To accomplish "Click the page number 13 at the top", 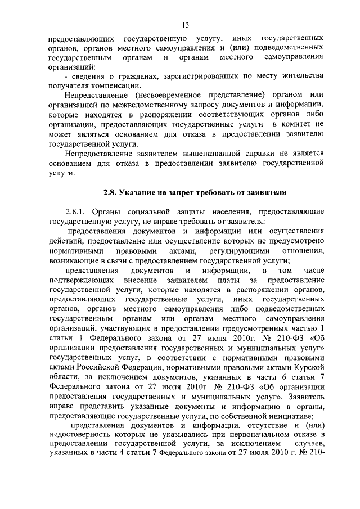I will (185, 25).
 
